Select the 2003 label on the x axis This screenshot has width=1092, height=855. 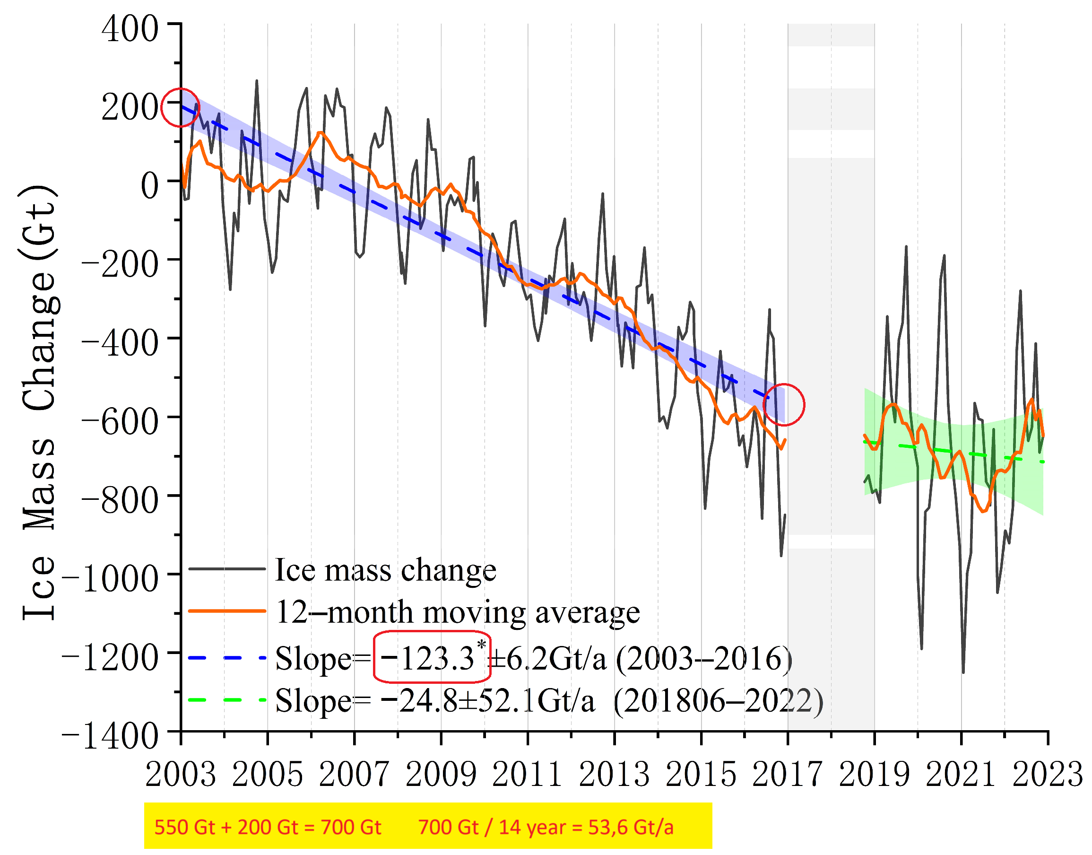181,775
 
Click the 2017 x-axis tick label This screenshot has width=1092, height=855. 788,775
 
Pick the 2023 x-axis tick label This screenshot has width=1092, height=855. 1048,775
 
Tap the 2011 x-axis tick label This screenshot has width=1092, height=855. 528,775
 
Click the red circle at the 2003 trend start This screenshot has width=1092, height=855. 180,107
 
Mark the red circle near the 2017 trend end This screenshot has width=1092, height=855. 784,405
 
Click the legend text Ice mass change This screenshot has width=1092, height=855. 385,570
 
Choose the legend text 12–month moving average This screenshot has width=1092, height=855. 458,612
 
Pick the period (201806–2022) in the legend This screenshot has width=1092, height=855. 718,701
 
